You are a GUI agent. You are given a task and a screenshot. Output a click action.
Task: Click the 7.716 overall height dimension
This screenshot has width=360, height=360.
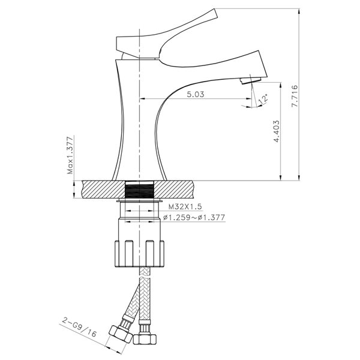click(x=295, y=96)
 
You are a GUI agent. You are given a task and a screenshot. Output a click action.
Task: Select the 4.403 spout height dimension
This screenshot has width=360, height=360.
click(x=277, y=131)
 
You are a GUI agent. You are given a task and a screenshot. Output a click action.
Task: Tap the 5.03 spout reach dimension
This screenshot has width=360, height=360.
click(x=195, y=94)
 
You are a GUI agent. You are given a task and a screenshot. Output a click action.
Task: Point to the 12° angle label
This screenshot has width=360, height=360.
click(x=263, y=99)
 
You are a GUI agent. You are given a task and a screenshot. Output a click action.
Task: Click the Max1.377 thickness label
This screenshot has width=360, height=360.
click(x=70, y=155)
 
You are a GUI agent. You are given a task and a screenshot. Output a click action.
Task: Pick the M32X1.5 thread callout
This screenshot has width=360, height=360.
click(x=185, y=206)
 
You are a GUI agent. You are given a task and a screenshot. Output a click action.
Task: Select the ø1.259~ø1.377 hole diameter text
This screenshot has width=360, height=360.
click(x=194, y=217)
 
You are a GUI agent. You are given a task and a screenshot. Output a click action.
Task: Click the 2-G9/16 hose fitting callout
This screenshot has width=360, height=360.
click(x=79, y=327)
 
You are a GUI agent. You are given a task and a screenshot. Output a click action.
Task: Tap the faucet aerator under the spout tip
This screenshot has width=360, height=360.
click(x=250, y=80)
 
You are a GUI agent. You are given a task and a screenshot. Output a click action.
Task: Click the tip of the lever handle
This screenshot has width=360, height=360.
click(x=215, y=13)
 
